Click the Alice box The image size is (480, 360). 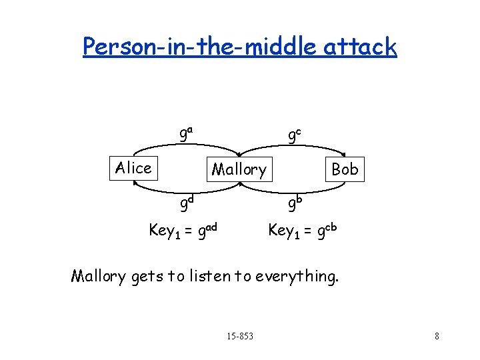click(133, 168)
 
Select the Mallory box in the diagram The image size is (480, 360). click(239, 169)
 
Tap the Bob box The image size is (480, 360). click(345, 169)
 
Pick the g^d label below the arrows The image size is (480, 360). click(186, 201)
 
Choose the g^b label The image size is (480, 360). click(294, 201)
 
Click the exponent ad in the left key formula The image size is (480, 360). click(211, 227)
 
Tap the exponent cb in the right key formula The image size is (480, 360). click(330, 227)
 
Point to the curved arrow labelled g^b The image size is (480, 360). click(293, 189)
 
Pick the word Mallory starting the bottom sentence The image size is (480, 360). click(98, 275)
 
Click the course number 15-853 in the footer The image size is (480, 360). click(240, 335)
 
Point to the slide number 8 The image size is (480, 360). click(437, 336)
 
